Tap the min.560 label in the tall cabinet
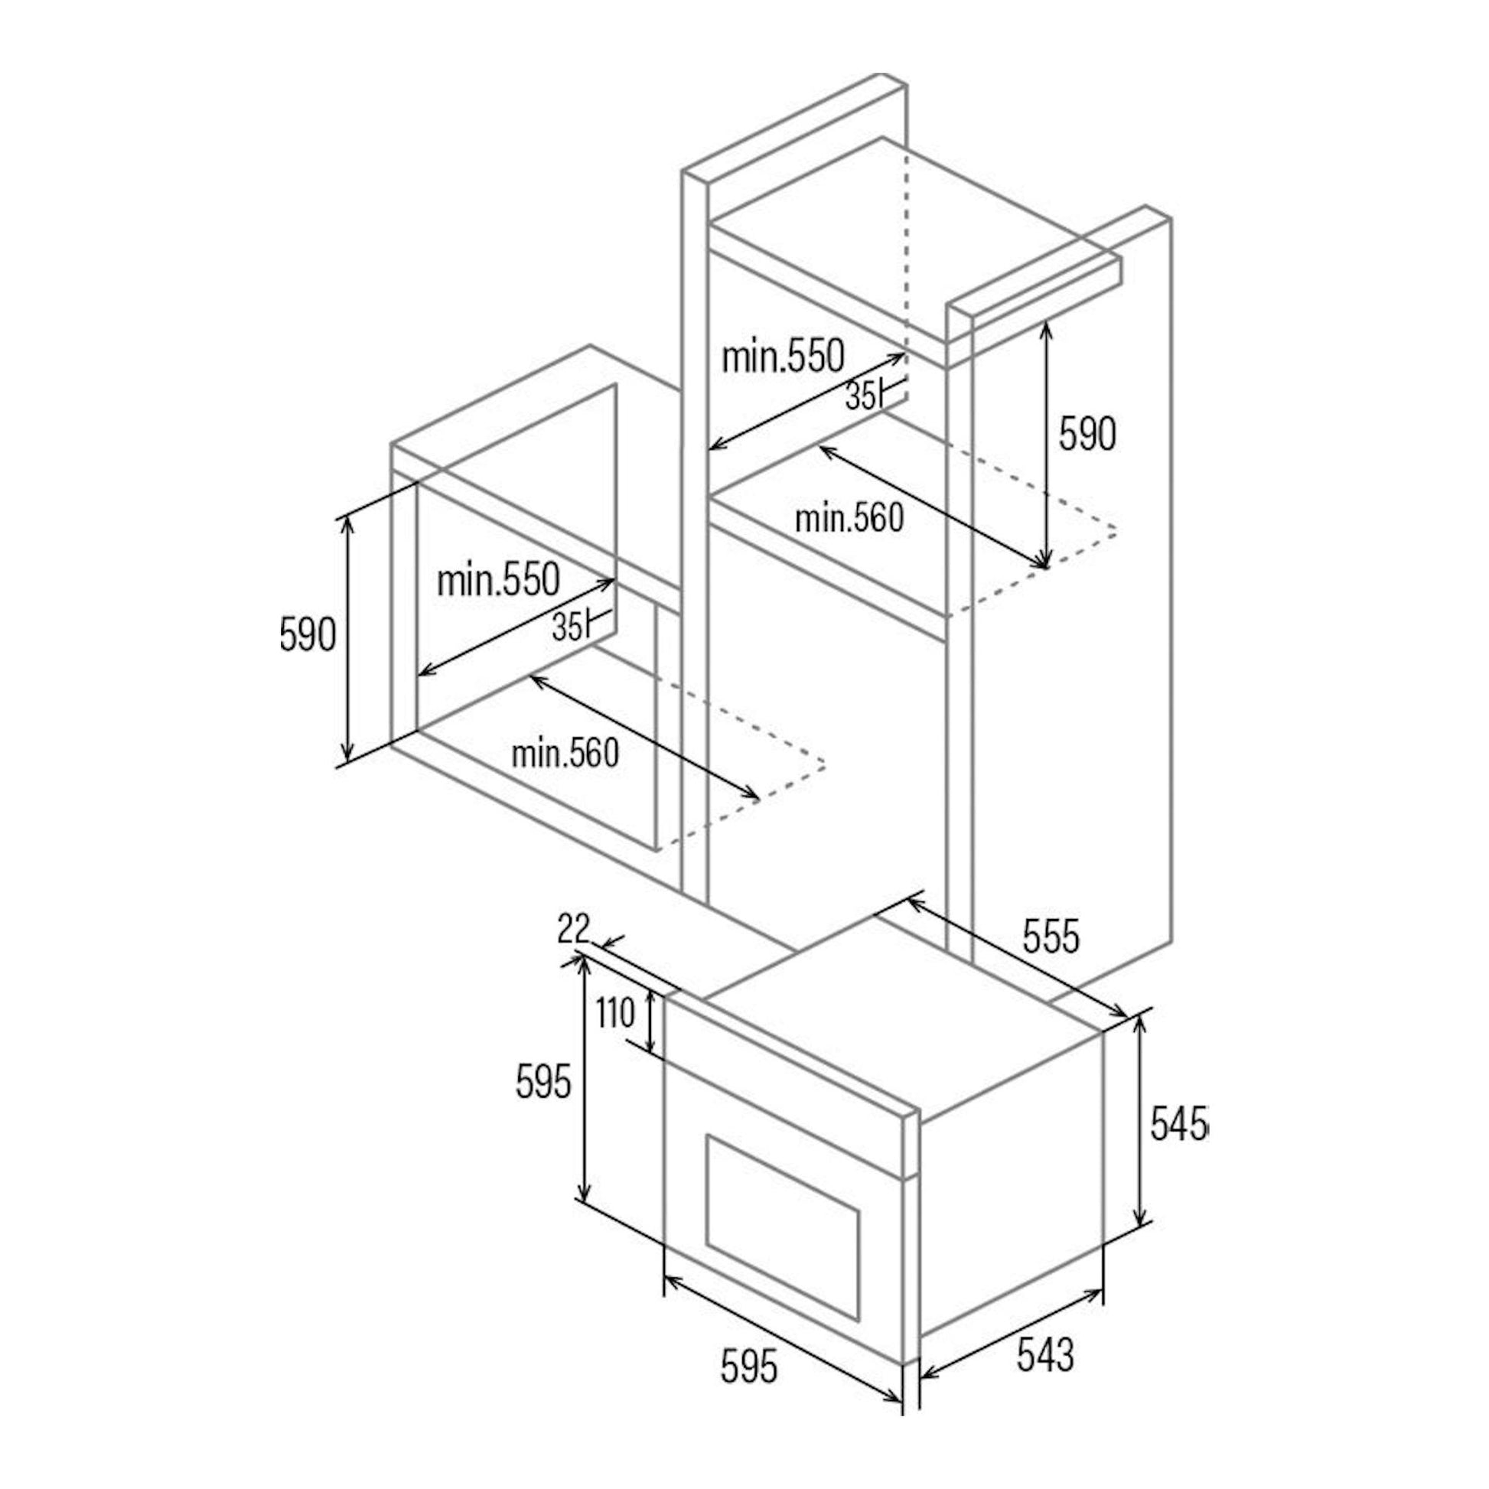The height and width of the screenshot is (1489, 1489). click(849, 519)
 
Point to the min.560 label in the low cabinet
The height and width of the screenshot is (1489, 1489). click(565, 753)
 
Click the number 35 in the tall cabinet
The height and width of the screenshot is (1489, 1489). click(860, 396)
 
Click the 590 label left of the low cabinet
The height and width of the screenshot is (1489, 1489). click(308, 634)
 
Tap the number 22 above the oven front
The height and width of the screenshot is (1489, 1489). click(573, 929)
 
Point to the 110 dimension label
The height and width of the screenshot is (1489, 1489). click(615, 1014)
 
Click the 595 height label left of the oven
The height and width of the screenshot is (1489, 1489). click(543, 1080)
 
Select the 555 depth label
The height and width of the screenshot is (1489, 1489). click(1051, 937)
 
